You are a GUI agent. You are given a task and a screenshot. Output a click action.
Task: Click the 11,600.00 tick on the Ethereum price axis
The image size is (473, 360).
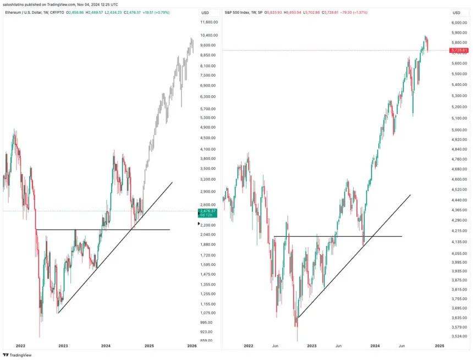(210, 23)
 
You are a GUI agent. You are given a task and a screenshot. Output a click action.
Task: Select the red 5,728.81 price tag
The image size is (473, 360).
(459, 51)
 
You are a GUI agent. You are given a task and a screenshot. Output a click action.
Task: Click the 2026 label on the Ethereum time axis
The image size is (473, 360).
(192, 346)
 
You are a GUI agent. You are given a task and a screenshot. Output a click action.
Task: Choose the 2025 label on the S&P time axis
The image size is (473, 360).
(439, 346)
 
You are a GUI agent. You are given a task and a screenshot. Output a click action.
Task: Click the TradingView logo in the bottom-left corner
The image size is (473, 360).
(17, 355)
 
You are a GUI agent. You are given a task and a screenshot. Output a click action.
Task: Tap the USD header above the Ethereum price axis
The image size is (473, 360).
(205, 12)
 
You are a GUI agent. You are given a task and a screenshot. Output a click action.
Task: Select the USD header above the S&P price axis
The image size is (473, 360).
(457, 12)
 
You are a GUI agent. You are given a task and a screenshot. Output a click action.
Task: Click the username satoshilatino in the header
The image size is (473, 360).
(13, 4)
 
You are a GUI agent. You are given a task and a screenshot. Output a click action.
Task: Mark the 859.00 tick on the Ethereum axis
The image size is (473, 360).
(207, 341)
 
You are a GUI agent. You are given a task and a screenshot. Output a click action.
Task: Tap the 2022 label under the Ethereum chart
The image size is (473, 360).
(20, 346)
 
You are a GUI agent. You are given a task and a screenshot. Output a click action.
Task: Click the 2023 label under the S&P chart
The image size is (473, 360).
(312, 346)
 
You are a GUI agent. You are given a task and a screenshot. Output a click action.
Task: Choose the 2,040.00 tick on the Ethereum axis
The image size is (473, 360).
(208, 234)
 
